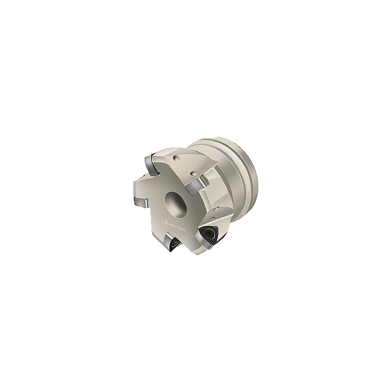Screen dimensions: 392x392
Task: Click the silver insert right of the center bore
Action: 197,186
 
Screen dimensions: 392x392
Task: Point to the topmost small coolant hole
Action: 177,158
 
